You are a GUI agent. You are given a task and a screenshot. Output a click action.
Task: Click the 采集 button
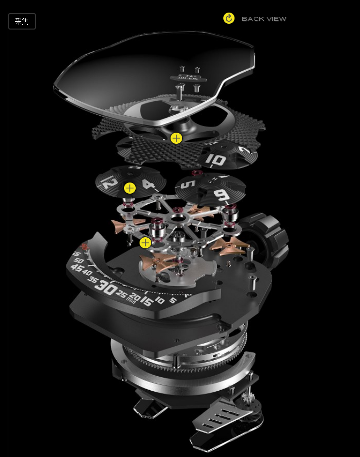(x=22, y=21)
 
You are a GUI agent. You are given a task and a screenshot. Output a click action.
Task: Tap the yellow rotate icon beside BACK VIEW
(x=229, y=18)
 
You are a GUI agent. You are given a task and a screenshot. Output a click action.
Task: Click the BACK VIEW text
(x=264, y=19)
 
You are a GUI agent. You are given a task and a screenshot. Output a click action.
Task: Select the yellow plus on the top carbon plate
(x=176, y=138)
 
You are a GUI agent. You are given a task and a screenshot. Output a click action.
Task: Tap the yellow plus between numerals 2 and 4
(x=130, y=188)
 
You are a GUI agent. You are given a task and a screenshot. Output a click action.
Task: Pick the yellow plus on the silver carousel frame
(x=145, y=243)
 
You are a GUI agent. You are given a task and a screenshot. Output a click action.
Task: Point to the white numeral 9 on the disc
(x=221, y=195)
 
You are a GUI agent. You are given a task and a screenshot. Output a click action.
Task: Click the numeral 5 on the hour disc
(x=190, y=184)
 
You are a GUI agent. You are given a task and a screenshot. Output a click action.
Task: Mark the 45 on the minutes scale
(x=77, y=268)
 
